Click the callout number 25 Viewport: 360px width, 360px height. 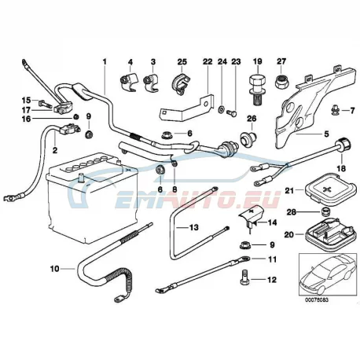[x=182, y=62]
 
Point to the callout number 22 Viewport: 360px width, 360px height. [x=208, y=62]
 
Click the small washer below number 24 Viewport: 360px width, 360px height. [x=221, y=108]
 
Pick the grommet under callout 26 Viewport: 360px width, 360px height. [x=248, y=138]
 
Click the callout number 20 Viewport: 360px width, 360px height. [x=289, y=234]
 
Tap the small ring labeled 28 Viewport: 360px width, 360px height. [x=325, y=211]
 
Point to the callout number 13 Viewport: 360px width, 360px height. [x=194, y=227]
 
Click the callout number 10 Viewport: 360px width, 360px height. [x=55, y=269]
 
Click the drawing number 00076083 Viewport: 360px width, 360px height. [x=317, y=300]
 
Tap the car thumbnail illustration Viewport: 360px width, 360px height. [x=328, y=274]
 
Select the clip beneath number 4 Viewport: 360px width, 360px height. [x=129, y=82]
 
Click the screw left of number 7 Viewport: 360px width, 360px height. [x=334, y=110]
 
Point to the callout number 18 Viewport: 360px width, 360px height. [x=342, y=168]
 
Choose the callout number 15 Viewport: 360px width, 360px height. [x=26, y=100]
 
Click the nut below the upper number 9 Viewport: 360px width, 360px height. [x=89, y=134]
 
